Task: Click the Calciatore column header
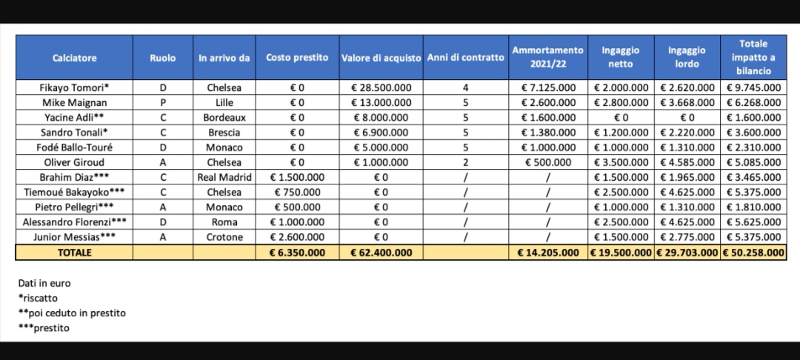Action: click(74, 58)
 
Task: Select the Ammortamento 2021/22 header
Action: click(547, 58)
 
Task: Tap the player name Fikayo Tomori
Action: click(74, 87)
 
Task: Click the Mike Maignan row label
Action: click(74, 102)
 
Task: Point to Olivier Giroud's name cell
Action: click(74, 162)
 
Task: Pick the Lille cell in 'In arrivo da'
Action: click(224, 102)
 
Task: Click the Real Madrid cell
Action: click(224, 178)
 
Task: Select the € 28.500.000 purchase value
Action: click(381, 87)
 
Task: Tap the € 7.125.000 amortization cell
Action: click(547, 87)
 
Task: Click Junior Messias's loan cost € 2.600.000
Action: click(297, 238)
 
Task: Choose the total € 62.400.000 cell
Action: click(381, 253)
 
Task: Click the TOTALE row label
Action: click(74, 253)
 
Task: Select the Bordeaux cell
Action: click(224, 117)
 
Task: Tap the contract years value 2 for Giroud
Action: click(465, 162)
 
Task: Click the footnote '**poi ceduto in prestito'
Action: click(72, 313)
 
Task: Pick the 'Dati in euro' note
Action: click(44, 283)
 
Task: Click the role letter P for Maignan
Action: click(163, 102)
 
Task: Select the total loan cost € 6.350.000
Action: click(297, 253)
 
